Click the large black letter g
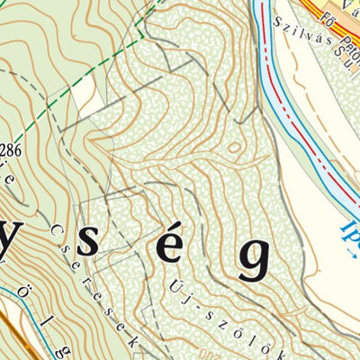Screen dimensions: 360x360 tap(254, 259)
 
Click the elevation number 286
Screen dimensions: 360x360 tap(10, 148)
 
